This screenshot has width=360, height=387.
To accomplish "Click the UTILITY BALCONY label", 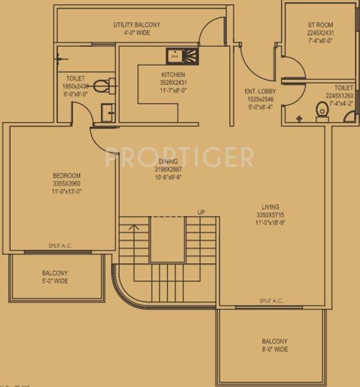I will (x=130, y=25).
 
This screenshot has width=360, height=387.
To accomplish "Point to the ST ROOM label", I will (x=321, y=25).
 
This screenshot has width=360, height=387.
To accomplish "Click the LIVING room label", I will (x=270, y=207).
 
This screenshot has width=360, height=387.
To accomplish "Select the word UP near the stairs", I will (x=201, y=213).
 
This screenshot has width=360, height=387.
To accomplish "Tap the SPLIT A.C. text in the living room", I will (x=271, y=301).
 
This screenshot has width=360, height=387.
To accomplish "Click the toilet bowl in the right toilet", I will (x=321, y=111).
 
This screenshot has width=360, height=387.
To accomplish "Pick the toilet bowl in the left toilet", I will (x=102, y=86).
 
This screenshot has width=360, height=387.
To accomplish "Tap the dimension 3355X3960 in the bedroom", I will (x=67, y=183).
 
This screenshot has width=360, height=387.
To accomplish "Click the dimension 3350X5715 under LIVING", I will (x=270, y=215).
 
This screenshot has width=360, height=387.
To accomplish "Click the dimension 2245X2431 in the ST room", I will (x=321, y=33).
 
